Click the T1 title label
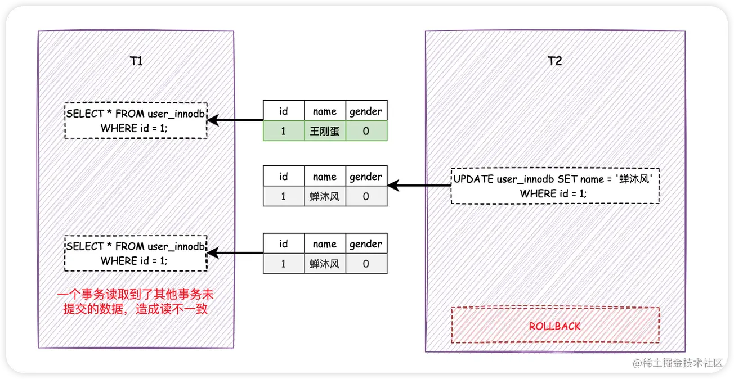click(x=136, y=61)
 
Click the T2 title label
click(x=554, y=61)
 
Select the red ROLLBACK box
click(x=554, y=326)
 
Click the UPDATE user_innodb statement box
click(x=554, y=186)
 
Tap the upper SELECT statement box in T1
click(x=135, y=120)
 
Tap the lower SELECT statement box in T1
click(x=135, y=254)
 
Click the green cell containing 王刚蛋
click(x=325, y=131)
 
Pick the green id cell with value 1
click(x=283, y=131)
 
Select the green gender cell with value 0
click(x=366, y=131)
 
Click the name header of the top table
click(x=325, y=111)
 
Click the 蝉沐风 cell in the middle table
click(x=325, y=196)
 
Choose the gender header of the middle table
click(x=366, y=177)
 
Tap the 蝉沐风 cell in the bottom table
click(x=325, y=263)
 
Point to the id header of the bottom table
click(x=283, y=244)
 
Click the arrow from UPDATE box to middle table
click(x=419, y=185)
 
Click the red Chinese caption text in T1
click(x=135, y=302)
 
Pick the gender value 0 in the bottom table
click(x=366, y=263)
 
